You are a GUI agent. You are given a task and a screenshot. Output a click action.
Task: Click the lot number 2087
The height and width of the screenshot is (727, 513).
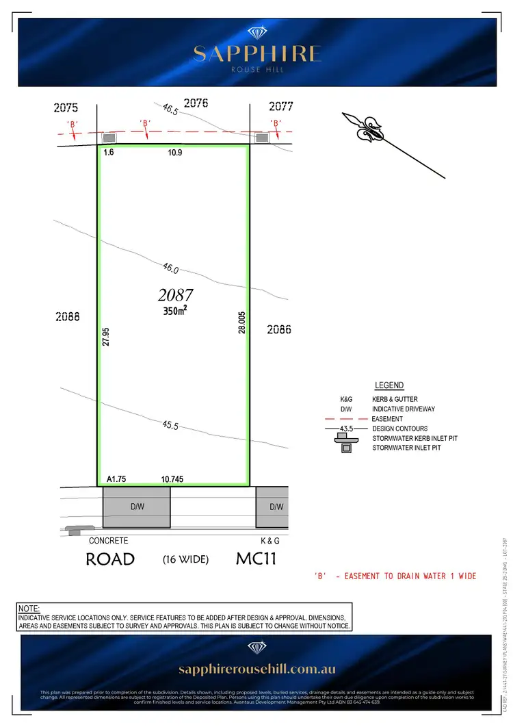click(x=176, y=295)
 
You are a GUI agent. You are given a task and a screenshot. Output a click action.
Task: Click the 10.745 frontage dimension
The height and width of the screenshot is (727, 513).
click(x=172, y=480)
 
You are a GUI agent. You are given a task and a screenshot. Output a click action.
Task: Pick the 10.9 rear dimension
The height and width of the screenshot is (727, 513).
click(x=175, y=153)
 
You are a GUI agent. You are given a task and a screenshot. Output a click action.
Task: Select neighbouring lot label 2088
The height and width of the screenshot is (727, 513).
click(x=68, y=316)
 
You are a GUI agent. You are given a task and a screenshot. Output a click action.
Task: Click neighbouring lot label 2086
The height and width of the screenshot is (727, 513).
click(x=279, y=329)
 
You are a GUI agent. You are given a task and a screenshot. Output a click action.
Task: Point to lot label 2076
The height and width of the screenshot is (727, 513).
click(x=195, y=103)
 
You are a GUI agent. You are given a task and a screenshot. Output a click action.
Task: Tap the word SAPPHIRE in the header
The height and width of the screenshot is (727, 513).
click(x=257, y=53)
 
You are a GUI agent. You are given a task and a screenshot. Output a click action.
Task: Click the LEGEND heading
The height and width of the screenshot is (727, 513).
click(x=389, y=385)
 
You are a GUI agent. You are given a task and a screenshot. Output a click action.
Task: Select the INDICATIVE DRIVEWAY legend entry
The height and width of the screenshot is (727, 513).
click(x=403, y=409)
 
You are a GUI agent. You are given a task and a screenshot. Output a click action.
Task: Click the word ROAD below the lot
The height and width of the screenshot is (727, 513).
click(x=110, y=559)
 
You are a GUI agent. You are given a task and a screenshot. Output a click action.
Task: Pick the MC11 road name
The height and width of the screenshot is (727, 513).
click(x=256, y=559)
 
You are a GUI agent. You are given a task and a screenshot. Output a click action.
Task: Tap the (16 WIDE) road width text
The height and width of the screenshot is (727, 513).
click(x=185, y=559)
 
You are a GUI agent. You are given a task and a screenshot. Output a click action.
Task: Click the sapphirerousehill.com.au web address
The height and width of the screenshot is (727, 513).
click(x=257, y=669)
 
